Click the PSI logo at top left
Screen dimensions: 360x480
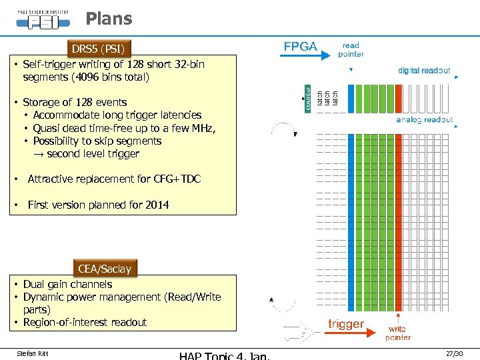(43, 18)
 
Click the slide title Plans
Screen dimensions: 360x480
(109, 19)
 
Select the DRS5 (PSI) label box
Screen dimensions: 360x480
(98, 49)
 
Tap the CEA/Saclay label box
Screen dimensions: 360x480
(105, 269)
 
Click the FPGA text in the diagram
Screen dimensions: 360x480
(301, 46)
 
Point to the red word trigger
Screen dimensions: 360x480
(346, 324)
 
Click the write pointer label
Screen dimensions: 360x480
(397, 333)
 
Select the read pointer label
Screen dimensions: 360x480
(351, 50)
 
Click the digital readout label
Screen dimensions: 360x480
(424, 70)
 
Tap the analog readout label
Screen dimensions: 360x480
(424, 120)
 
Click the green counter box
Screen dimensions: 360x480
(308, 98)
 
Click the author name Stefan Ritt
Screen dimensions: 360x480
(32, 353)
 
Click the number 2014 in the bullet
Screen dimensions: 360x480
(156, 205)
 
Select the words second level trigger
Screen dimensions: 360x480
(93, 153)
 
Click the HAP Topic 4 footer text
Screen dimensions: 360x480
(224, 355)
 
